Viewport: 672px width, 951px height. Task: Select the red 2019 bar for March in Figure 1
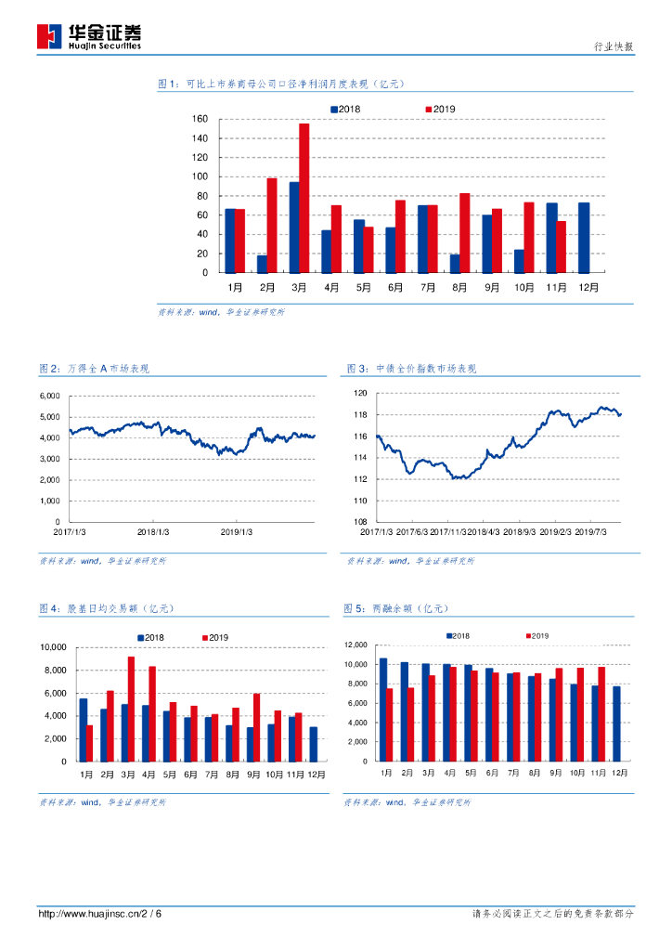[304, 198]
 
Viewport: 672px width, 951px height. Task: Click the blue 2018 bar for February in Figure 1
[262, 264]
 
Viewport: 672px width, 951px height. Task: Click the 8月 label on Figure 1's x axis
[459, 288]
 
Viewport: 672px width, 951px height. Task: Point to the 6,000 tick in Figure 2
[48, 396]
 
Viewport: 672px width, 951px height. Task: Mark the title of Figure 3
[410, 369]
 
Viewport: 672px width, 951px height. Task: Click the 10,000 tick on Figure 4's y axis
[51, 647]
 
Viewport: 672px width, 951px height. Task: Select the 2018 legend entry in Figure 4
[150, 637]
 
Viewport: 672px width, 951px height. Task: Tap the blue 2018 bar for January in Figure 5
[382, 710]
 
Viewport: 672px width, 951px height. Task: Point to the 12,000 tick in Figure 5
[357, 645]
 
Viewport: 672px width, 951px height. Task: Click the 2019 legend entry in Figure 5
[537, 635]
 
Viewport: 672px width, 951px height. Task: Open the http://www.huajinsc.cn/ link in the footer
[89, 914]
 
